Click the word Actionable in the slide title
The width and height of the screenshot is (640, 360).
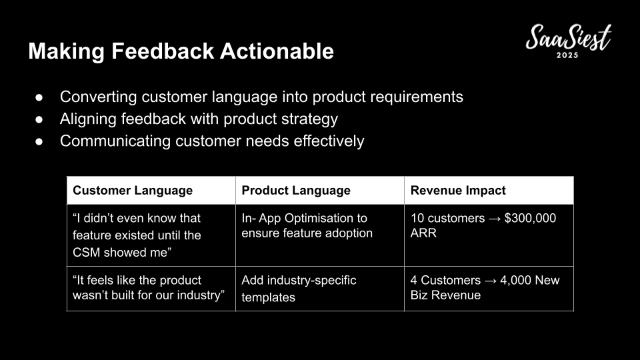pos(277,51)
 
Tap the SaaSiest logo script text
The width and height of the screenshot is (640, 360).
pos(569,37)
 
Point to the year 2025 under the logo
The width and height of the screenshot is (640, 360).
pos(567,55)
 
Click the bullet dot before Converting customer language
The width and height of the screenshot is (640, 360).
pos(39,97)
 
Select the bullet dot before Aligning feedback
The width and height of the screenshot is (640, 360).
pos(39,119)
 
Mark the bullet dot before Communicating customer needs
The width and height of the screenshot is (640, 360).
pos(39,141)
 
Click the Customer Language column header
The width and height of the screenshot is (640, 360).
pos(133,190)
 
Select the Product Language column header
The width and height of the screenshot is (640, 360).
pos(296,190)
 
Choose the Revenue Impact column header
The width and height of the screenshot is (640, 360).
pos(458,190)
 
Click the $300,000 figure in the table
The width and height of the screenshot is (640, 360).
pos(530,218)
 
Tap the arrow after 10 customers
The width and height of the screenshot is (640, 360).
pos(495,219)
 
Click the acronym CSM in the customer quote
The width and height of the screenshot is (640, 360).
pos(87,252)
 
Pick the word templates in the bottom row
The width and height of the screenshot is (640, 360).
pos(268,297)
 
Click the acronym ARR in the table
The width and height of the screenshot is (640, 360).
pos(423,233)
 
